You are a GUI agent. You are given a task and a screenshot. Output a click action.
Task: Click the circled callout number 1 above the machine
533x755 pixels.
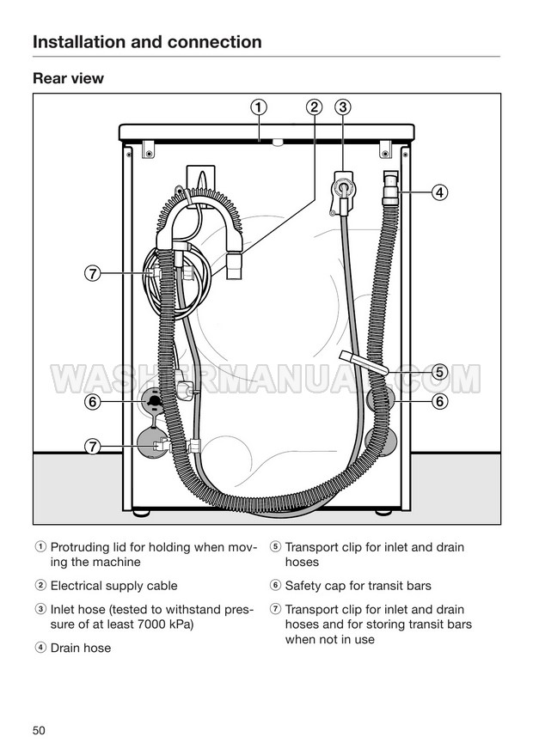coord(259,107)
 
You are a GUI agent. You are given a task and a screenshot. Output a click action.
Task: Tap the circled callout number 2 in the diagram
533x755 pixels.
coord(314,107)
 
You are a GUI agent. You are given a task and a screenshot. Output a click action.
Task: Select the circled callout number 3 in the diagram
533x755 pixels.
coord(343,107)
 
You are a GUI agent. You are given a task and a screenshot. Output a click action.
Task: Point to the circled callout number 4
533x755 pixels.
coord(439,192)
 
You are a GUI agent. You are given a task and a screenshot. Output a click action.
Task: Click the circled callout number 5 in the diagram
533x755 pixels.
coord(439,372)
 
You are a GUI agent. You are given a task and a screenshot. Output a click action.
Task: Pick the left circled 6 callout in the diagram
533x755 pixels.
coord(93,401)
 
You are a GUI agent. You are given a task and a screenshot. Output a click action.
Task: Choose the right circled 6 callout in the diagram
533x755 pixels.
coord(439,401)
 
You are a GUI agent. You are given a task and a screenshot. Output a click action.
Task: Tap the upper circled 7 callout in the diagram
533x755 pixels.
coord(93,273)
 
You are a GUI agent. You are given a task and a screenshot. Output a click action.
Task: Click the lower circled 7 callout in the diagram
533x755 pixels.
coord(93,447)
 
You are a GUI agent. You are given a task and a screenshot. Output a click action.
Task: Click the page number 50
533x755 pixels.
coord(39,730)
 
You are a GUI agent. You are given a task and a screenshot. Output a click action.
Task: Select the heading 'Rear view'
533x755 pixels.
coord(68,78)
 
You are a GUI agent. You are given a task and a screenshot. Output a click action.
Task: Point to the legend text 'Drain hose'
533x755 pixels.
coord(81,648)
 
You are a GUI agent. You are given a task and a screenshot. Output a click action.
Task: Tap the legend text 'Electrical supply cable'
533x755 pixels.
coord(113,586)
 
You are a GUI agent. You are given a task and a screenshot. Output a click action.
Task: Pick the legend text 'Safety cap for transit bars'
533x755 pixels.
coord(358,586)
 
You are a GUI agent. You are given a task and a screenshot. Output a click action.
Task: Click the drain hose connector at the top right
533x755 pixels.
coord(391,187)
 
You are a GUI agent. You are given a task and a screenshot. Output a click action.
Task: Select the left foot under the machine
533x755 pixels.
coord(141,513)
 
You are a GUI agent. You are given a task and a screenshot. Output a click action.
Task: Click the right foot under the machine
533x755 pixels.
coord(383,513)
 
